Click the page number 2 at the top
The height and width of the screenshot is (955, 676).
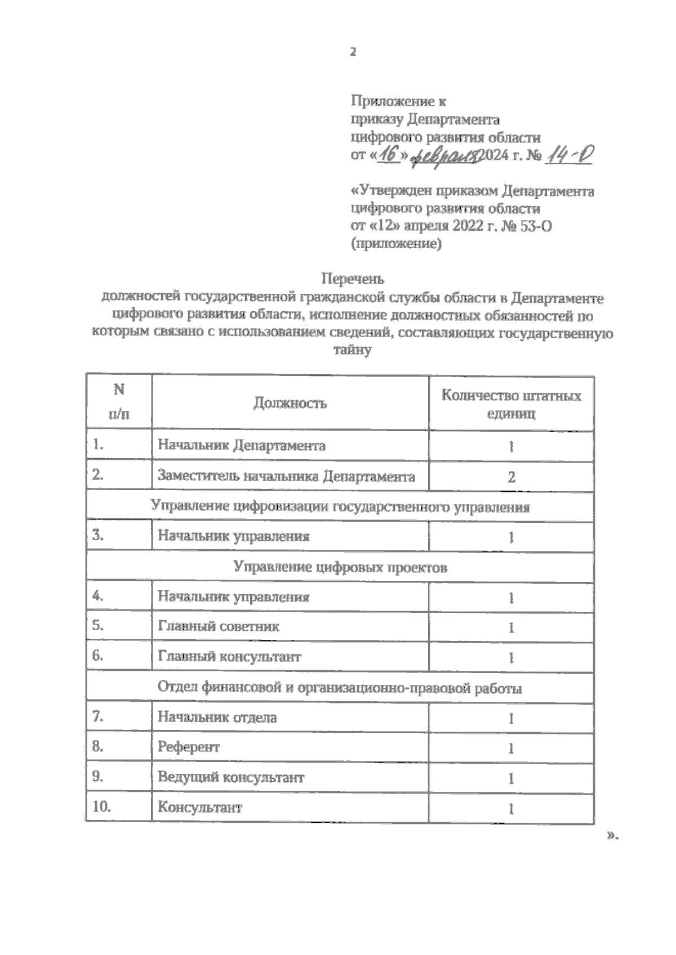click(353, 52)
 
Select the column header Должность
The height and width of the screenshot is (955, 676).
click(290, 403)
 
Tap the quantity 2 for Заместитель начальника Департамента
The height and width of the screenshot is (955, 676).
click(511, 477)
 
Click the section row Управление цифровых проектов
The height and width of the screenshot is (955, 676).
click(340, 567)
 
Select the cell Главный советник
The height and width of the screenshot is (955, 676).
click(218, 626)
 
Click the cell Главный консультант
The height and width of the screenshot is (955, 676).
click(229, 656)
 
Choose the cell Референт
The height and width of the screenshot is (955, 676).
click(188, 747)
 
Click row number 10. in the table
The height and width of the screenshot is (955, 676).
click(101, 807)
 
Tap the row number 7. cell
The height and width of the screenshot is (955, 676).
click(97, 717)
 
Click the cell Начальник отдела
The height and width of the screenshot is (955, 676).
click(217, 718)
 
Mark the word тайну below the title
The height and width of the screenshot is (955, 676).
click(353, 350)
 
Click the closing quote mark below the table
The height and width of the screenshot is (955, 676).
click(612, 836)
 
